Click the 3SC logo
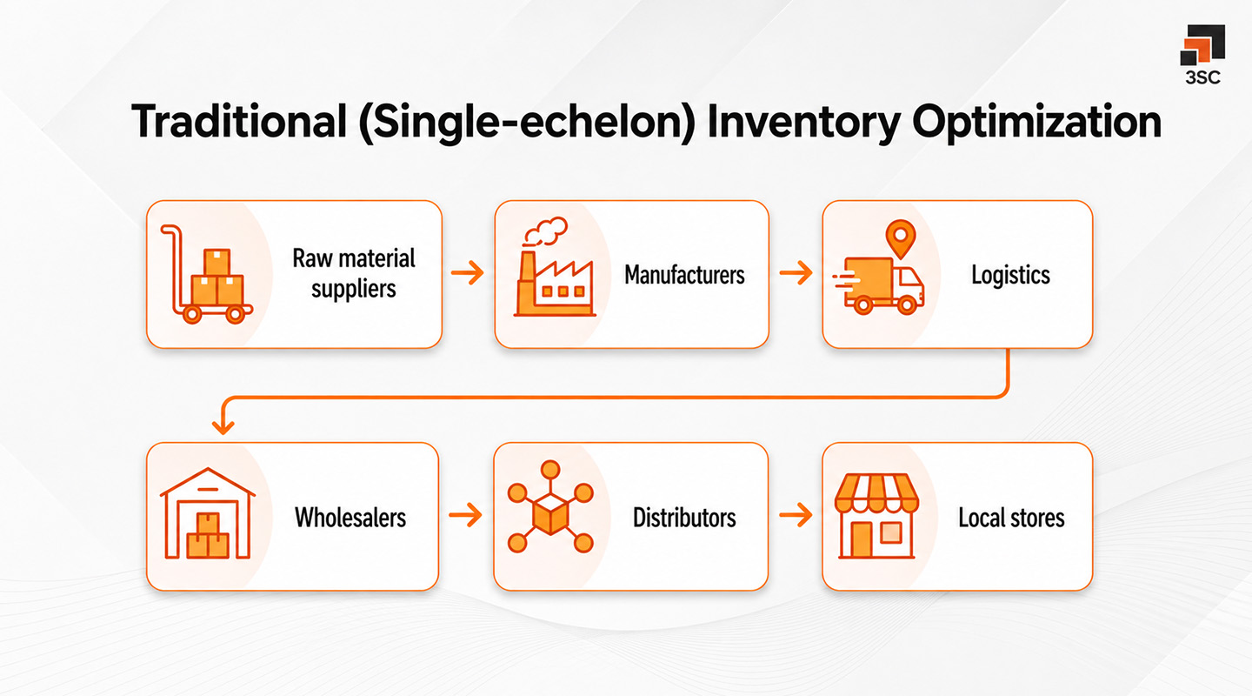(1202, 54)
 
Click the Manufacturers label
(684, 276)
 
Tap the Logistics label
(1010, 276)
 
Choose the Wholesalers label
(350, 518)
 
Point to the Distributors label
(684, 518)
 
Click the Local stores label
(1011, 519)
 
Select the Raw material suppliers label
(354, 273)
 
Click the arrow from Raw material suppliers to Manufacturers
(468, 275)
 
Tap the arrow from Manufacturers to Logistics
(796, 275)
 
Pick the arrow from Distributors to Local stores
(796, 517)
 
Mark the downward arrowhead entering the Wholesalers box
(224, 426)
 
